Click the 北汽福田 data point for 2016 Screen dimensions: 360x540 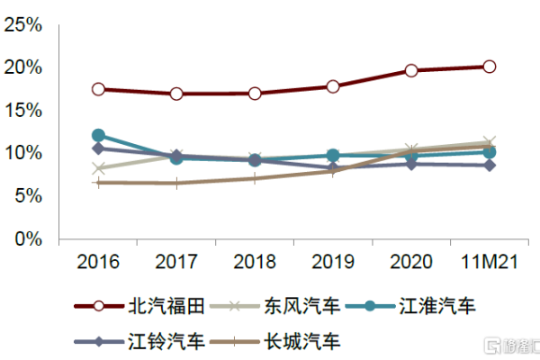pyautogui.click(x=98, y=89)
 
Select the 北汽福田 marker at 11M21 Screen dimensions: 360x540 pyautogui.click(x=489, y=67)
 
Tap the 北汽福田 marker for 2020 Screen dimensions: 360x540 pyautogui.click(x=411, y=70)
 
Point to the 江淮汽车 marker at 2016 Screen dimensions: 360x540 pyautogui.click(x=98, y=136)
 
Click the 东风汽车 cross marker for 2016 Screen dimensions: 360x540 pyautogui.click(x=98, y=168)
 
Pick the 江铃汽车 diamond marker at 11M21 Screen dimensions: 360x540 pyautogui.click(x=489, y=166)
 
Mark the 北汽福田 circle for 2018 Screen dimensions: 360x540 pyautogui.click(x=255, y=94)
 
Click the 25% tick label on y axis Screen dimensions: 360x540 pyautogui.click(x=23, y=25)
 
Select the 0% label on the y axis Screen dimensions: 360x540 pyautogui.click(x=29, y=239)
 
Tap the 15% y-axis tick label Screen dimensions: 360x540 pyautogui.click(x=23, y=111)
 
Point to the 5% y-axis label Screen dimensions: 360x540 pyautogui.click(x=29, y=196)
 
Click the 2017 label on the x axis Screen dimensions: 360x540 pyautogui.click(x=176, y=263)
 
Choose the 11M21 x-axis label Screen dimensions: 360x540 pyautogui.click(x=489, y=263)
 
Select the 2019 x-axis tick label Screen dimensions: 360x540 pyautogui.click(x=333, y=263)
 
